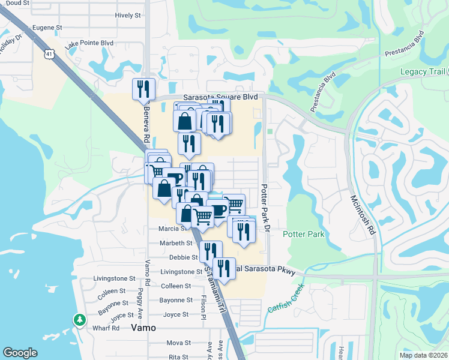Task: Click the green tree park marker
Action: click(79, 320)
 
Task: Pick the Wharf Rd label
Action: click(106, 328)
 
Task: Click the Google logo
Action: click(20, 353)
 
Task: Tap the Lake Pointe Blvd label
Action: click(89, 43)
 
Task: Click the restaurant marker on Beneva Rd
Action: click(143, 89)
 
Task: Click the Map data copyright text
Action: click(423, 355)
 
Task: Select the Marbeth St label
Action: click(176, 243)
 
